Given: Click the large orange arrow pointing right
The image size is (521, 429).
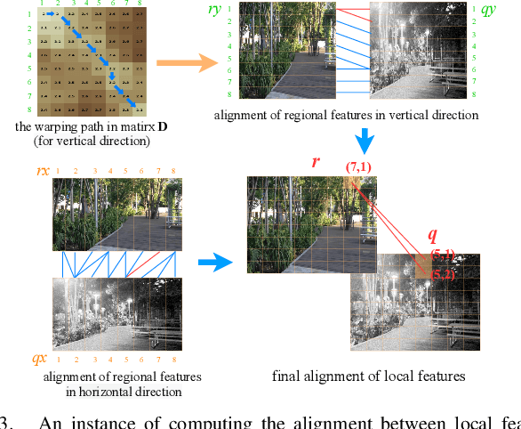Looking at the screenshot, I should point(186,62).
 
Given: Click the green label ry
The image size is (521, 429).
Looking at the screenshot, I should point(239,11).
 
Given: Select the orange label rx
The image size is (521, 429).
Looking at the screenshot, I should point(41,171).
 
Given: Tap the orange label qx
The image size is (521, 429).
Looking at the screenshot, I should point(40,358).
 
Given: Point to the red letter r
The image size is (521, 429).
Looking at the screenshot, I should point(316,163).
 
